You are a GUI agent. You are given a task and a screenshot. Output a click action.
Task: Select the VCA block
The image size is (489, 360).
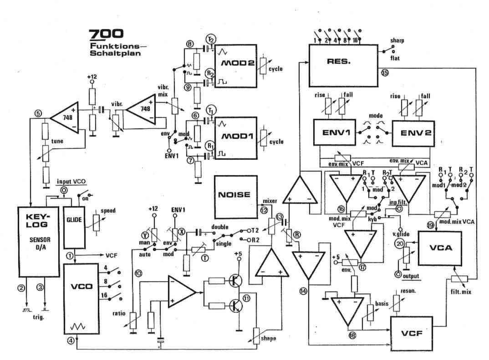coord(440,248)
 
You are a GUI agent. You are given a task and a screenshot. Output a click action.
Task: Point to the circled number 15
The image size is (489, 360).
coord(385,73)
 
